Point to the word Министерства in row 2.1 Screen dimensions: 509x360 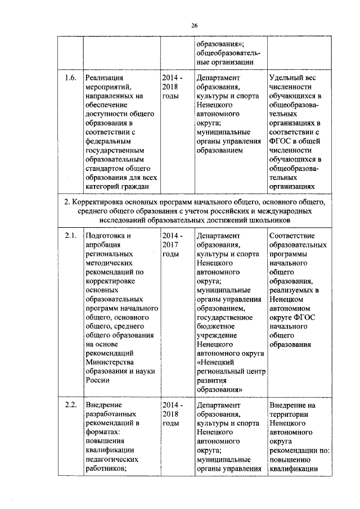pos(110,361)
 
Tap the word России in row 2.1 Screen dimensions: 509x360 pos(97,380)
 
